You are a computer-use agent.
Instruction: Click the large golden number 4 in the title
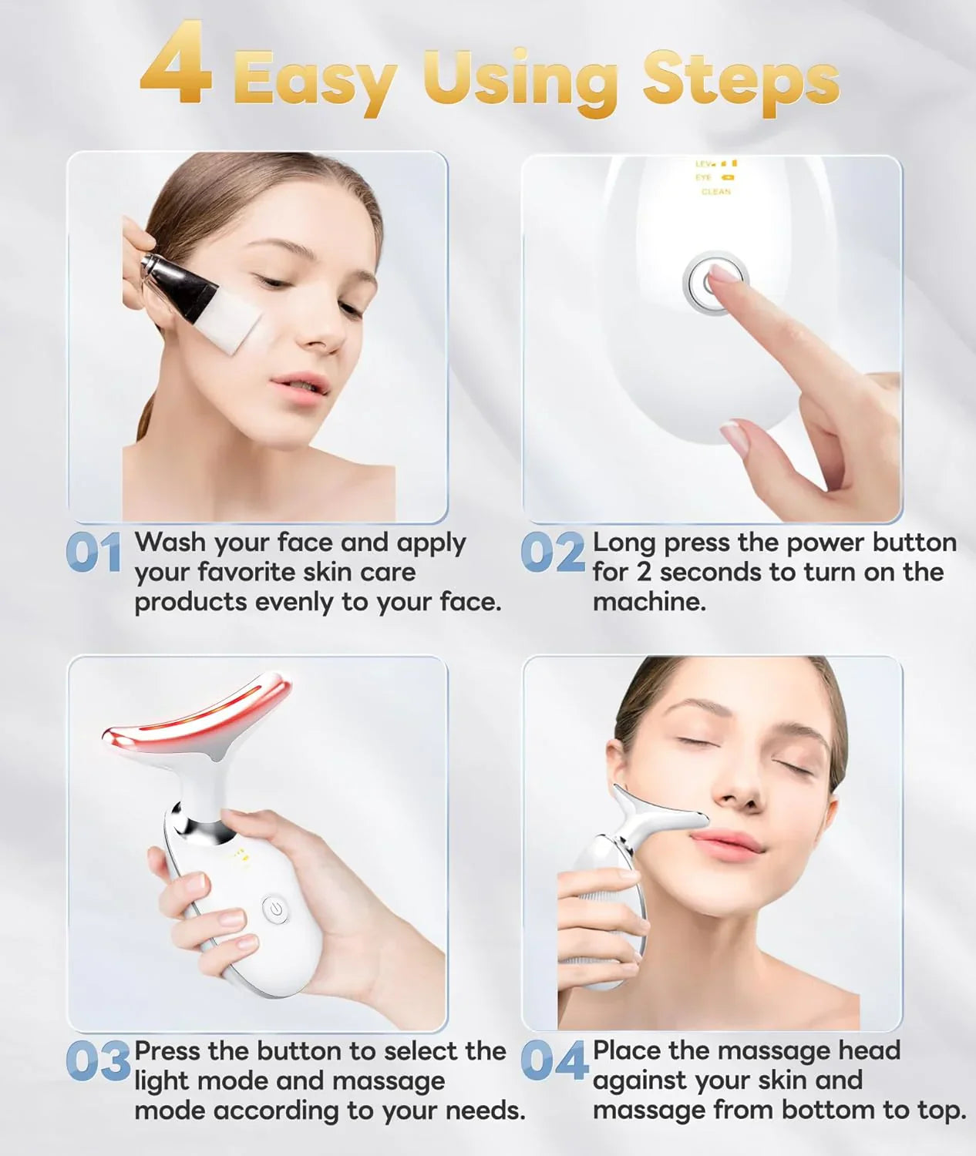point(177,64)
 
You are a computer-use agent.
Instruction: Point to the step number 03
point(98,1061)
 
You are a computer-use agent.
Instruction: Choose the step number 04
point(554,1061)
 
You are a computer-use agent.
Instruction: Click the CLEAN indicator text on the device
point(716,192)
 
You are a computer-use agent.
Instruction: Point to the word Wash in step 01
point(170,543)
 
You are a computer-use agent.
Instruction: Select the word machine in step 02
point(648,602)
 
